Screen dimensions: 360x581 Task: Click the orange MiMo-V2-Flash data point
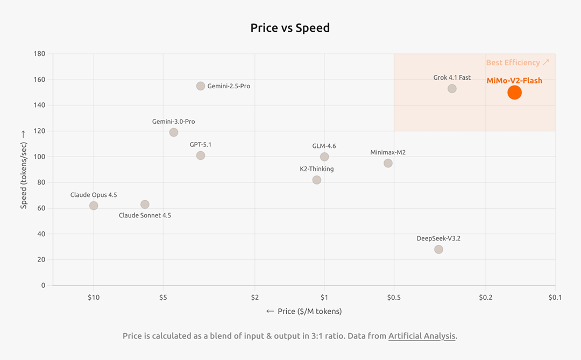pyautogui.click(x=514, y=93)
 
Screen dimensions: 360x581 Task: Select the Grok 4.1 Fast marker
pyautogui.click(x=452, y=88)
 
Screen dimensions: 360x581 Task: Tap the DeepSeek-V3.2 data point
pyautogui.click(x=438, y=249)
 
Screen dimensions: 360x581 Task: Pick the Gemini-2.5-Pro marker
pyautogui.click(x=201, y=86)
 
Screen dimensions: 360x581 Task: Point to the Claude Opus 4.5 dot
pyautogui.click(x=94, y=206)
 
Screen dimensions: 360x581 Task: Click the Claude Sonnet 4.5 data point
pyautogui.click(x=145, y=204)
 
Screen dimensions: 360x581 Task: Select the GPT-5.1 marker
pyautogui.click(x=201, y=156)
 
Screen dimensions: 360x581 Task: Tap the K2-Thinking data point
pyautogui.click(x=317, y=180)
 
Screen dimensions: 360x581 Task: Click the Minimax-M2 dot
pyautogui.click(x=388, y=163)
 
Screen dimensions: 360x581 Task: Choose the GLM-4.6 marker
pyautogui.click(x=324, y=157)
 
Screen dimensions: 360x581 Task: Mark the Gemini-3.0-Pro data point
pyautogui.click(x=174, y=132)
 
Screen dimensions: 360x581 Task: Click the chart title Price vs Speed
pyautogui.click(x=290, y=28)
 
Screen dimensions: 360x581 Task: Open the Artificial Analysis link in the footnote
pyautogui.click(x=422, y=336)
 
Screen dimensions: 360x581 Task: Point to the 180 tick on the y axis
pyautogui.click(x=39, y=54)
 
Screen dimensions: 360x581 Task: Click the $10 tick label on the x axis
pyautogui.click(x=94, y=297)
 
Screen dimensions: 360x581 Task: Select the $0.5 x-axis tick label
pyautogui.click(x=394, y=297)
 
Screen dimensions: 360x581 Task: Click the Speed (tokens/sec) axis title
pyautogui.click(x=24, y=169)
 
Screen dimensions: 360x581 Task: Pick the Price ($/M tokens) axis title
pyautogui.click(x=304, y=311)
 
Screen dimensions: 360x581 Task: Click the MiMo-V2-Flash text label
pyautogui.click(x=514, y=81)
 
